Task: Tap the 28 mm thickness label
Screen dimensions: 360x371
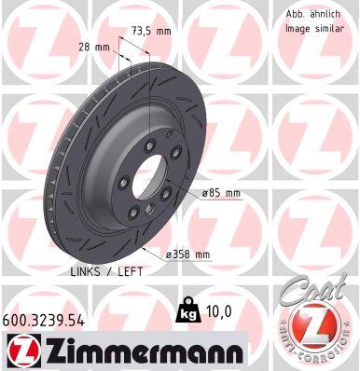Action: [94, 48]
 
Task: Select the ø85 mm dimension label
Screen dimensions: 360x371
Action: [221, 193]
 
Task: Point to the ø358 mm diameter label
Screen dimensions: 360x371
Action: [187, 254]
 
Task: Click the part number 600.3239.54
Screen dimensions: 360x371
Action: [43, 321]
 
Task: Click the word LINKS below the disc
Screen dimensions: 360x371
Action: [86, 271]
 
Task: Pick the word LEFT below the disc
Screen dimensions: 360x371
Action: [131, 271]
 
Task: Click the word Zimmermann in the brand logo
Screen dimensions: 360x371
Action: [145, 351]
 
